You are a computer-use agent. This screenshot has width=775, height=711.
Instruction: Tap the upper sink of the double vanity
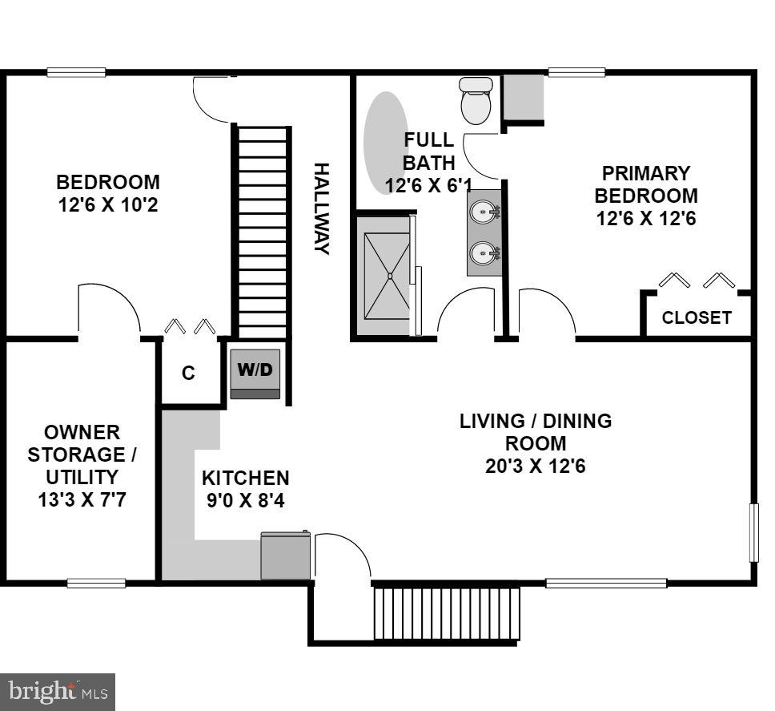tap(484, 212)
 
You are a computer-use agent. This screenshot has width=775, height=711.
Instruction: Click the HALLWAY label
tap(321, 208)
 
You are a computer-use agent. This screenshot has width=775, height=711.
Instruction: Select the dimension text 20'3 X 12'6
tap(535, 466)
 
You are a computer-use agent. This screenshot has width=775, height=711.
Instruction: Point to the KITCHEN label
tap(245, 479)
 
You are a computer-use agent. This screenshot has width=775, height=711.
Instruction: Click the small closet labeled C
tap(189, 374)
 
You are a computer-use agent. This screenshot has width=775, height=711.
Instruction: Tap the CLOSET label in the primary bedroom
tap(697, 317)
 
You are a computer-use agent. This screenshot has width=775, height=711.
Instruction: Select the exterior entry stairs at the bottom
tap(447, 613)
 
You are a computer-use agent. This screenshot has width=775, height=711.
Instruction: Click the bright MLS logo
tap(57, 691)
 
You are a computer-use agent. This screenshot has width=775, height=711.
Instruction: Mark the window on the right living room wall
tap(753, 532)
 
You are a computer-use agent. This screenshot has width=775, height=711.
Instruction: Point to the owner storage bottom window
tap(96, 583)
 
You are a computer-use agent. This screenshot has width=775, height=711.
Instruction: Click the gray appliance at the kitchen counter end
tap(286, 555)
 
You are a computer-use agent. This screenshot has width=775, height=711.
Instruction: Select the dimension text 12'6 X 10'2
tap(108, 205)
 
